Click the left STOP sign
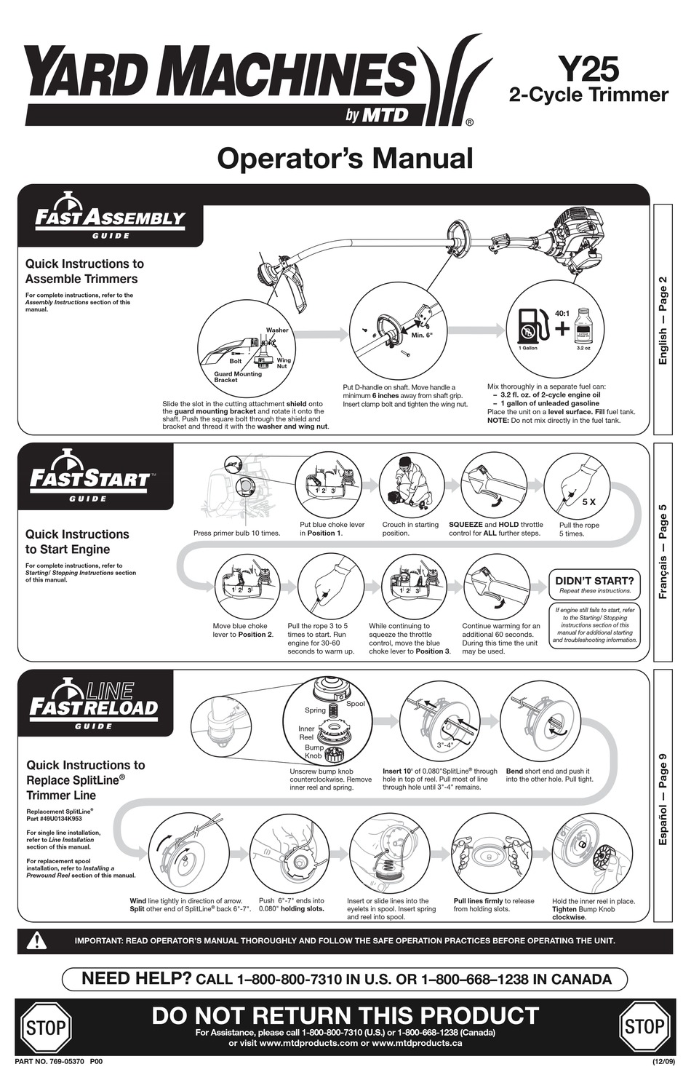(46, 1027)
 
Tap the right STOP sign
(644, 1027)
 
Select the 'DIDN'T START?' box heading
(594, 580)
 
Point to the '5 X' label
(588, 502)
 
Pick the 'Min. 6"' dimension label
(422, 336)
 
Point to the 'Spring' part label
(315, 710)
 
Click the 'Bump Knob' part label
(314, 752)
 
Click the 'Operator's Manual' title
(345, 158)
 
